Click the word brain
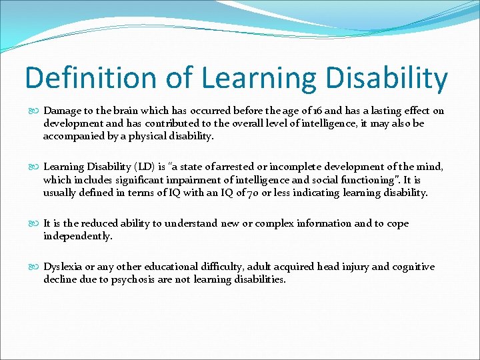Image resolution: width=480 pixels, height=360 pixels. [122, 111]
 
